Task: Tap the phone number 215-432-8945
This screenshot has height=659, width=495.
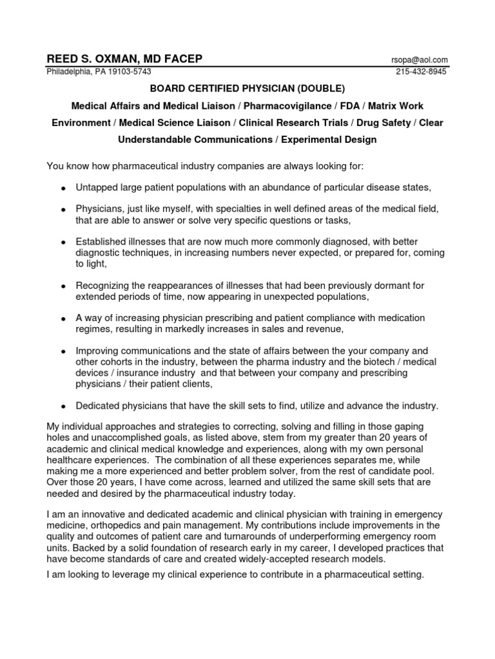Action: click(422, 71)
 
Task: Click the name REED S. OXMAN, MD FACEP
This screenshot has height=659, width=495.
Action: click(124, 59)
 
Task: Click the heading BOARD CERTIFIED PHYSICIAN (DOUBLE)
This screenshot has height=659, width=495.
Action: click(247, 88)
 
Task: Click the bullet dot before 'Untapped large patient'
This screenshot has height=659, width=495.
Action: click(63, 189)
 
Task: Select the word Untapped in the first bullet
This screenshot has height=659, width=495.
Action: click(96, 187)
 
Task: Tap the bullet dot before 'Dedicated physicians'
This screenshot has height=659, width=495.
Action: click(63, 407)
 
